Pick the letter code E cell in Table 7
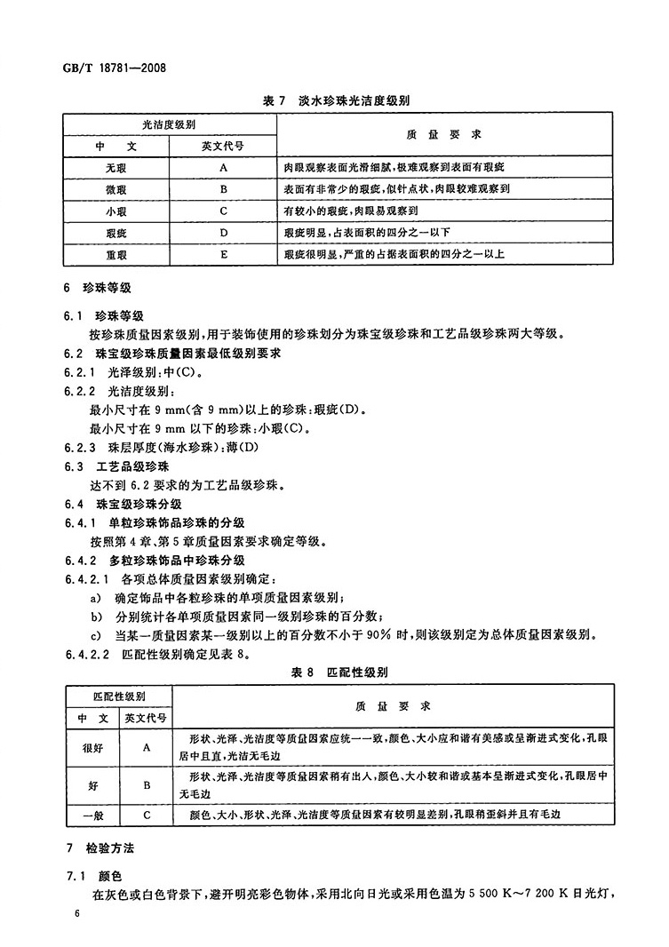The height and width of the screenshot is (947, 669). (x=224, y=254)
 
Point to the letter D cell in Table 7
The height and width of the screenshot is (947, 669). (x=224, y=233)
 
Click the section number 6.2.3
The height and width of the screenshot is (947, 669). (x=83, y=446)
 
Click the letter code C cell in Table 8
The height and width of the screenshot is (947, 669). (x=145, y=813)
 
